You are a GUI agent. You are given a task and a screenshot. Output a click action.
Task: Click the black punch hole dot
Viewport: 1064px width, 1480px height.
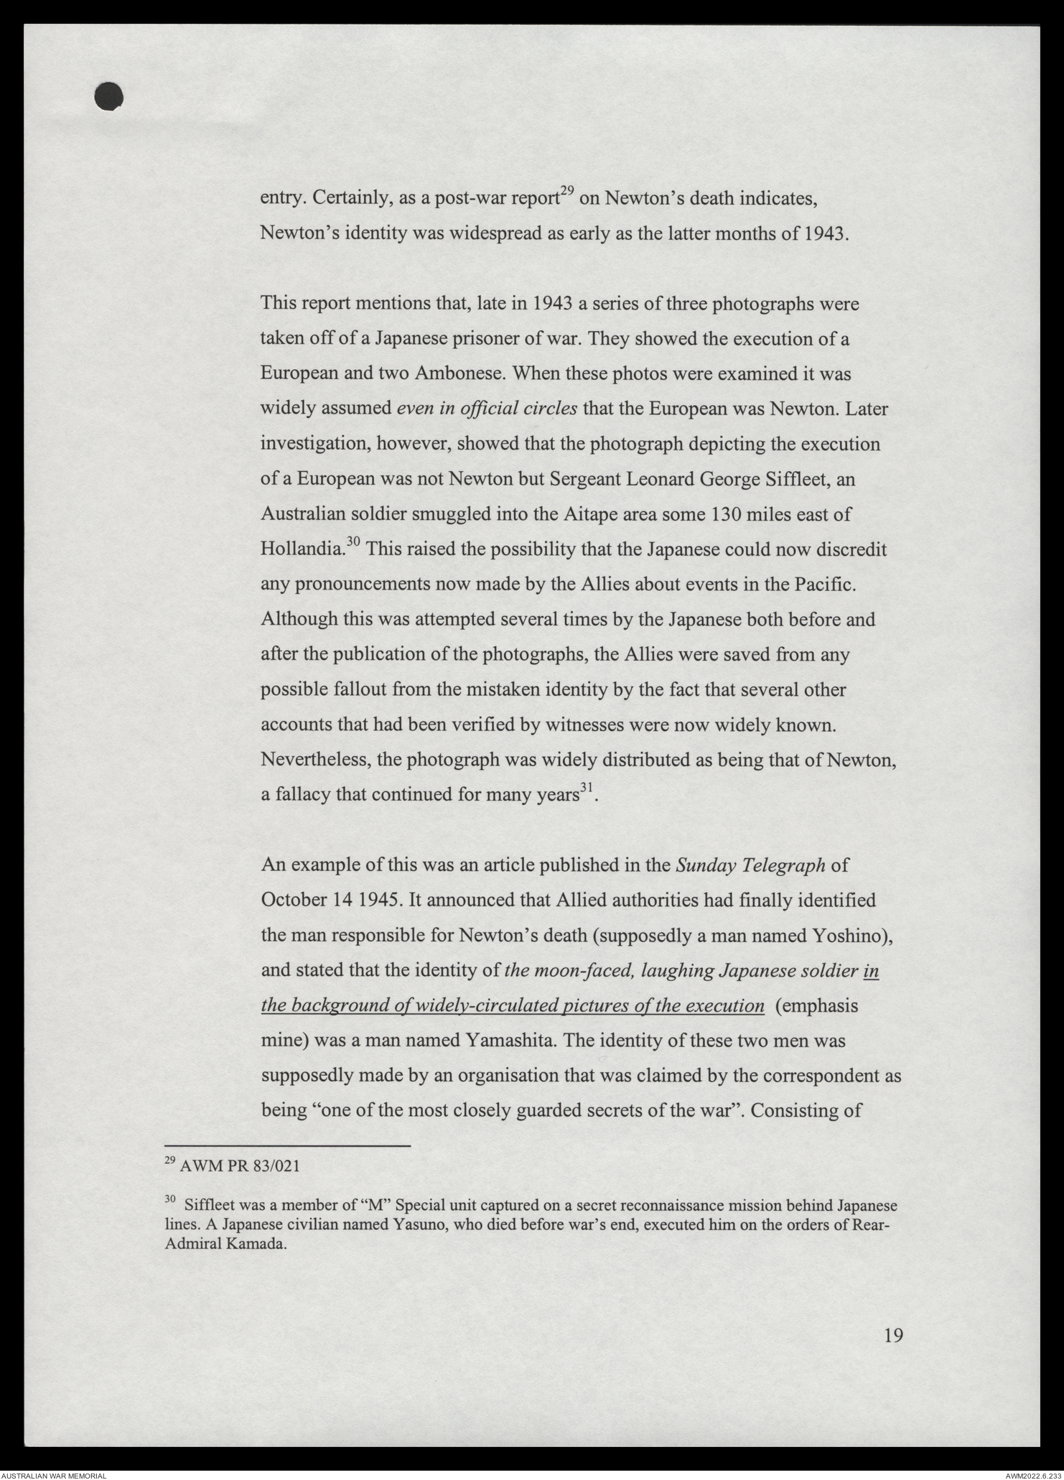click(x=108, y=97)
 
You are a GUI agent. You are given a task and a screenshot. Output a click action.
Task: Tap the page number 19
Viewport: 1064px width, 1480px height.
click(x=893, y=1335)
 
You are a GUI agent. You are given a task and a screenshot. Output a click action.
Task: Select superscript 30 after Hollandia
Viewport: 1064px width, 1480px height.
click(x=353, y=543)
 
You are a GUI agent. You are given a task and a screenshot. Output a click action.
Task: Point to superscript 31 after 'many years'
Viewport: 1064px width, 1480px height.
click(x=586, y=788)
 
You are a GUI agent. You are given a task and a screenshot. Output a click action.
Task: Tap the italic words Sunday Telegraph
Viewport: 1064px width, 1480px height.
click(x=750, y=865)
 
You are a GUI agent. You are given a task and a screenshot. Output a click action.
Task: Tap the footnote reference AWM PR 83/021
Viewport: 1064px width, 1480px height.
click(x=238, y=1167)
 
